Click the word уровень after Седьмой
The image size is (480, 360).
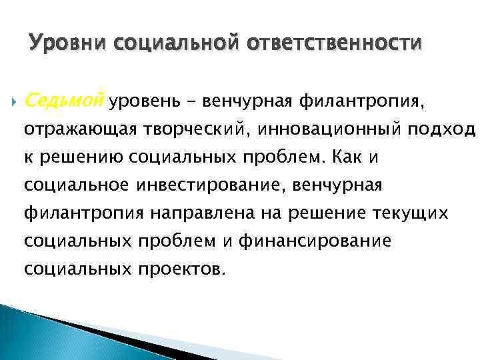(139, 101)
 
